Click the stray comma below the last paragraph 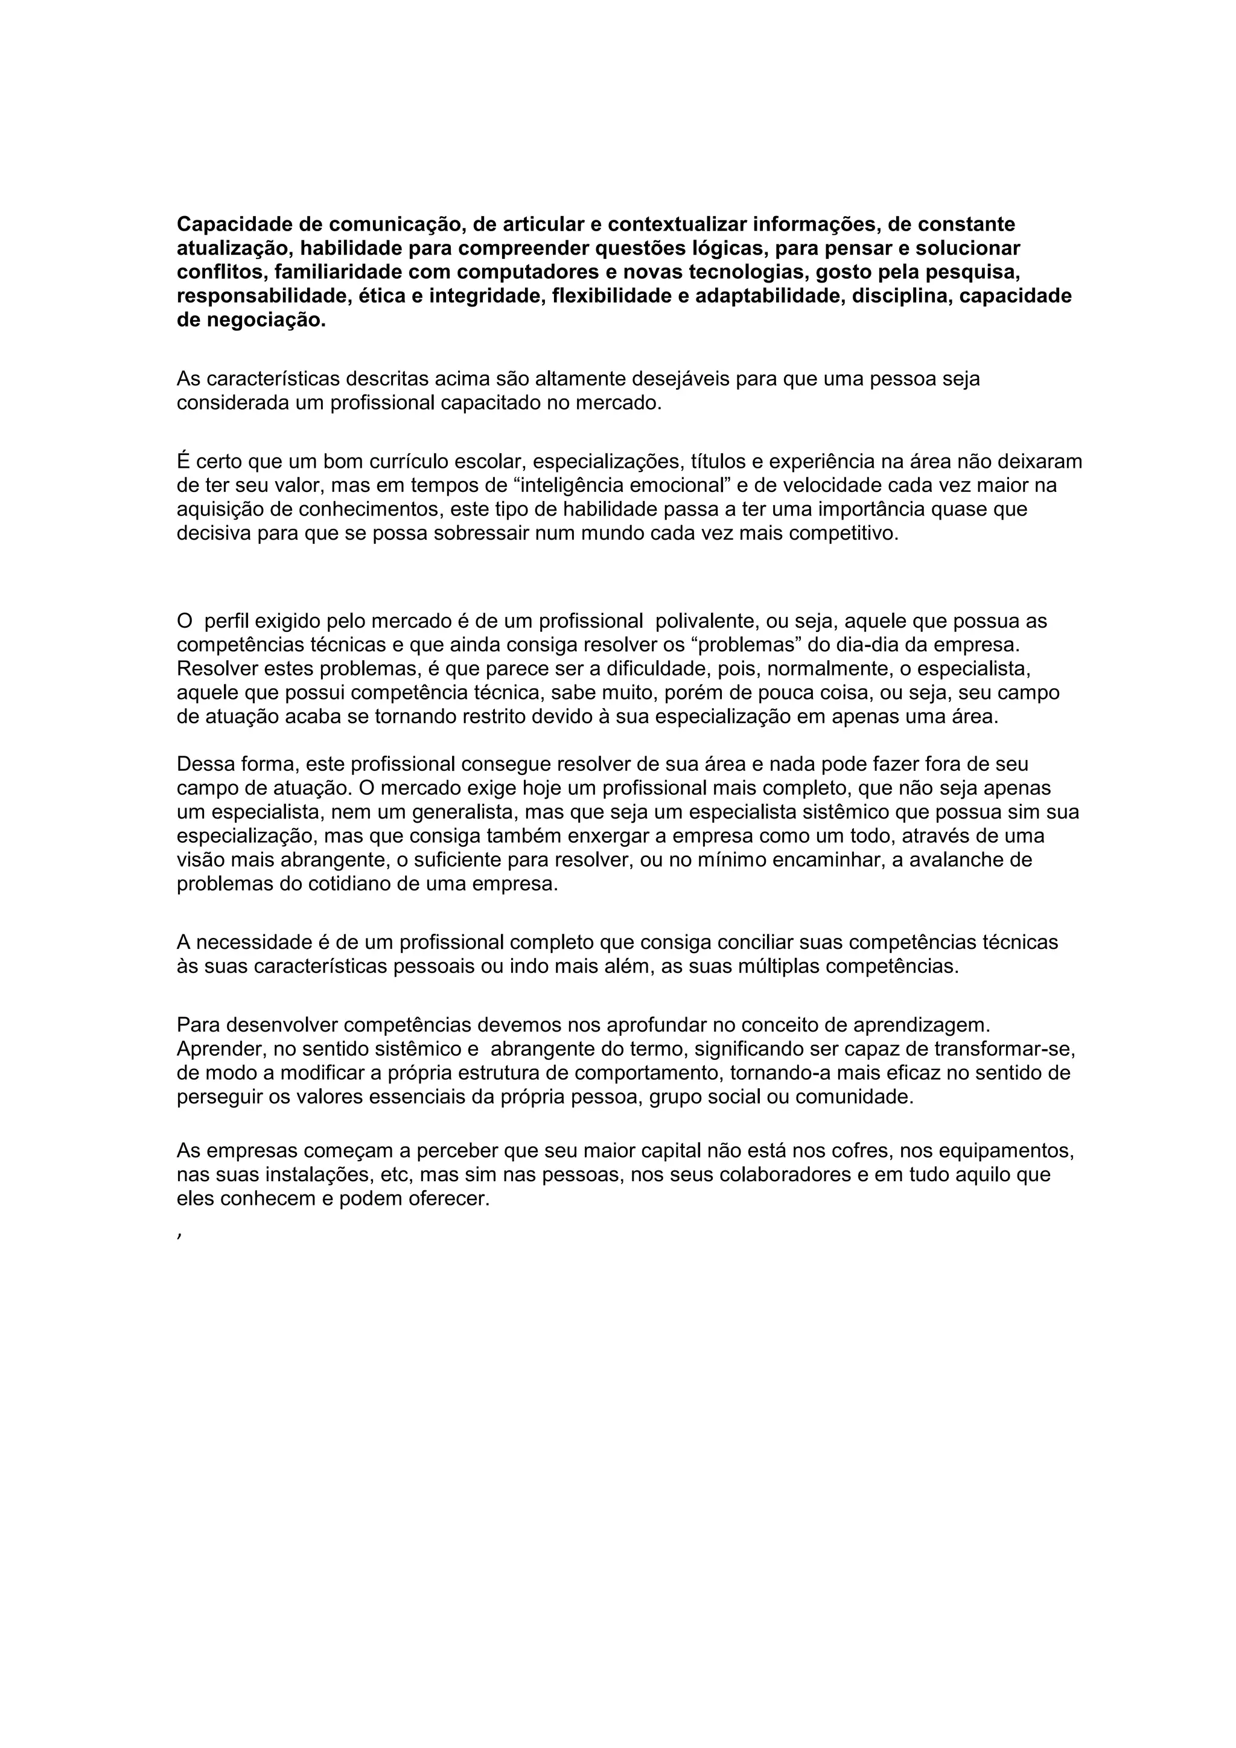(178, 1236)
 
